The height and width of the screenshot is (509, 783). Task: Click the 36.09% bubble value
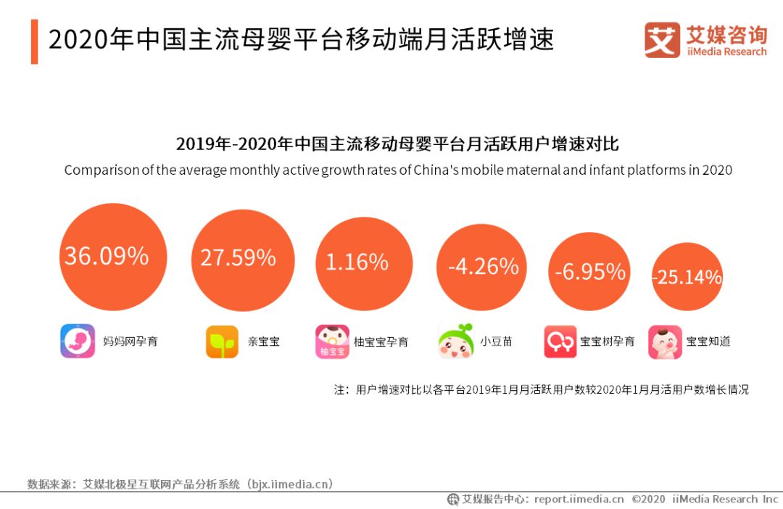(x=107, y=256)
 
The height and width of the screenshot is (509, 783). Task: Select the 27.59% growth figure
(x=238, y=257)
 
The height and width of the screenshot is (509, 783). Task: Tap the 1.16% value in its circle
(x=357, y=262)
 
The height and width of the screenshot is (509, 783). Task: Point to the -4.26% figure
(x=483, y=267)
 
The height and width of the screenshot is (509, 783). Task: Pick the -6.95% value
(x=589, y=271)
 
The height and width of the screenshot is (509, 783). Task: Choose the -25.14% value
(x=687, y=277)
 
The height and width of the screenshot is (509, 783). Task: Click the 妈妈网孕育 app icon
(x=78, y=341)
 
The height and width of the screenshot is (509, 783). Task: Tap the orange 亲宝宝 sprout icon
(x=222, y=342)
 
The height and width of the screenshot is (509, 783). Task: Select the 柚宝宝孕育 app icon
(x=332, y=342)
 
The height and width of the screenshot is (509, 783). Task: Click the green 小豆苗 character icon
(x=456, y=341)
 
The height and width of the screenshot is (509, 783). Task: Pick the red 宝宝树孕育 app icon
(x=560, y=342)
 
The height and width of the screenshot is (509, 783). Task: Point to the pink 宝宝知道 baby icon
(x=665, y=342)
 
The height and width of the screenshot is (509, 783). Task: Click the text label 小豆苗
(x=496, y=341)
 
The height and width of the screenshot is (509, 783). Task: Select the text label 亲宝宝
(x=264, y=341)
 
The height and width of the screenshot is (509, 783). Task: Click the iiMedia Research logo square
(x=662, y=40)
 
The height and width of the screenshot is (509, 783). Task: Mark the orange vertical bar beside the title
(x=34, y=41)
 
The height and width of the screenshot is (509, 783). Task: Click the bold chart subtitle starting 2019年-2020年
(x=397, y=143)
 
